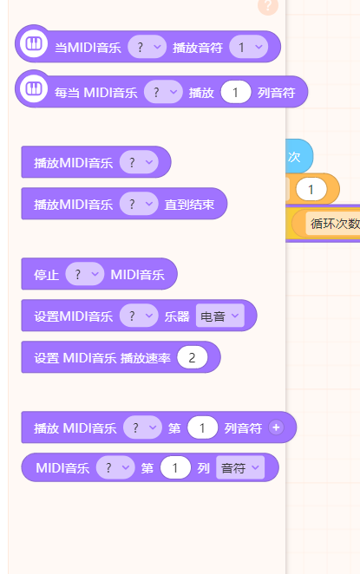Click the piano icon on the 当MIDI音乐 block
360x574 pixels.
[34, 43]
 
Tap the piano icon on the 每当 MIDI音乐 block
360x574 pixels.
[34, 88]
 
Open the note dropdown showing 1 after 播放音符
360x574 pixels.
[249, 47]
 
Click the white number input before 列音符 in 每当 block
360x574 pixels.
[236, 92]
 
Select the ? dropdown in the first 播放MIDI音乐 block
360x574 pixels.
[139, 162]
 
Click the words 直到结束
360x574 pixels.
[189, 205]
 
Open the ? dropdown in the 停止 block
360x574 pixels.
[85, 274]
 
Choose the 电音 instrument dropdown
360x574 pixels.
[220, 316]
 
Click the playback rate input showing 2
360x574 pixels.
[193, 357]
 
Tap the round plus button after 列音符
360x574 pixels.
[276, 427]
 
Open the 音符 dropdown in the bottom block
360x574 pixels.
[240, 467]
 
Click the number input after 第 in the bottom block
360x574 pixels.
[175, 467]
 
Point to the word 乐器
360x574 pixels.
[177, 316]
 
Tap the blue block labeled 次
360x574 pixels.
[299, 156]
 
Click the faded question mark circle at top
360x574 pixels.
[268, 6]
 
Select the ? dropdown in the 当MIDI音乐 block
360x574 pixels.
[147, 47]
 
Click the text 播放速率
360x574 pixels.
[146, 358]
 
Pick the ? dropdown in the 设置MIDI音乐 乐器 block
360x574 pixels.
[139, 316]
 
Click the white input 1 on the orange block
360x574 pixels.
[311, 189]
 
